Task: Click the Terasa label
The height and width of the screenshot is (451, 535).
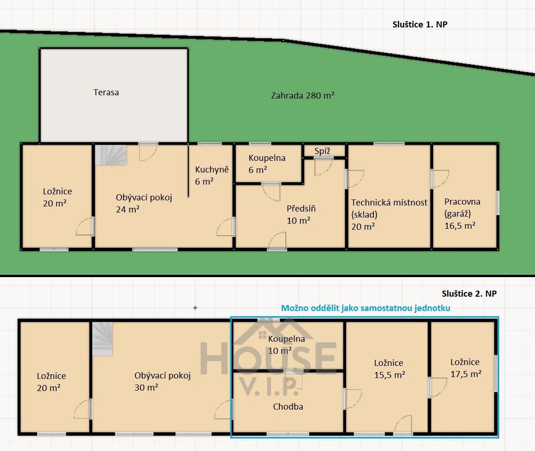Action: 106,93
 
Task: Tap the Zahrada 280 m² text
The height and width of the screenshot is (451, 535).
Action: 303,95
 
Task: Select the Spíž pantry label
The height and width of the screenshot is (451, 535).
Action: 322,151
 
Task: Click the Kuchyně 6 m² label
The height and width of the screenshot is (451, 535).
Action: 212,175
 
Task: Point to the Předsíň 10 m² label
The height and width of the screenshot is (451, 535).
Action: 301,214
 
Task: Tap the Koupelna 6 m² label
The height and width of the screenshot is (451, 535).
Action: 267,164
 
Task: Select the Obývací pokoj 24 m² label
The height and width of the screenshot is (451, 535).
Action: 144,203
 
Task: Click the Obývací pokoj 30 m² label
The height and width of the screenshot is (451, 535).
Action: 162,381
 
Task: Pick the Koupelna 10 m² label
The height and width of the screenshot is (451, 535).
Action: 286,345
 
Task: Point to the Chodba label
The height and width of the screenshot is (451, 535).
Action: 288,406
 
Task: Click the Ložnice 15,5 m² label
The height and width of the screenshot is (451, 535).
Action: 389,369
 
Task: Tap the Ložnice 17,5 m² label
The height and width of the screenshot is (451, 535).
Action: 466,368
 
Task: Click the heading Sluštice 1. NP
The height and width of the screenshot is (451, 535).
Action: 420,25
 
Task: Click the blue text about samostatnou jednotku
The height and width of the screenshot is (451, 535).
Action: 365,308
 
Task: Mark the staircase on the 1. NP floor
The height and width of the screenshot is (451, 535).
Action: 111,155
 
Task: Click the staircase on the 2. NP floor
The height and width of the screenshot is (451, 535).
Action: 102,339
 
